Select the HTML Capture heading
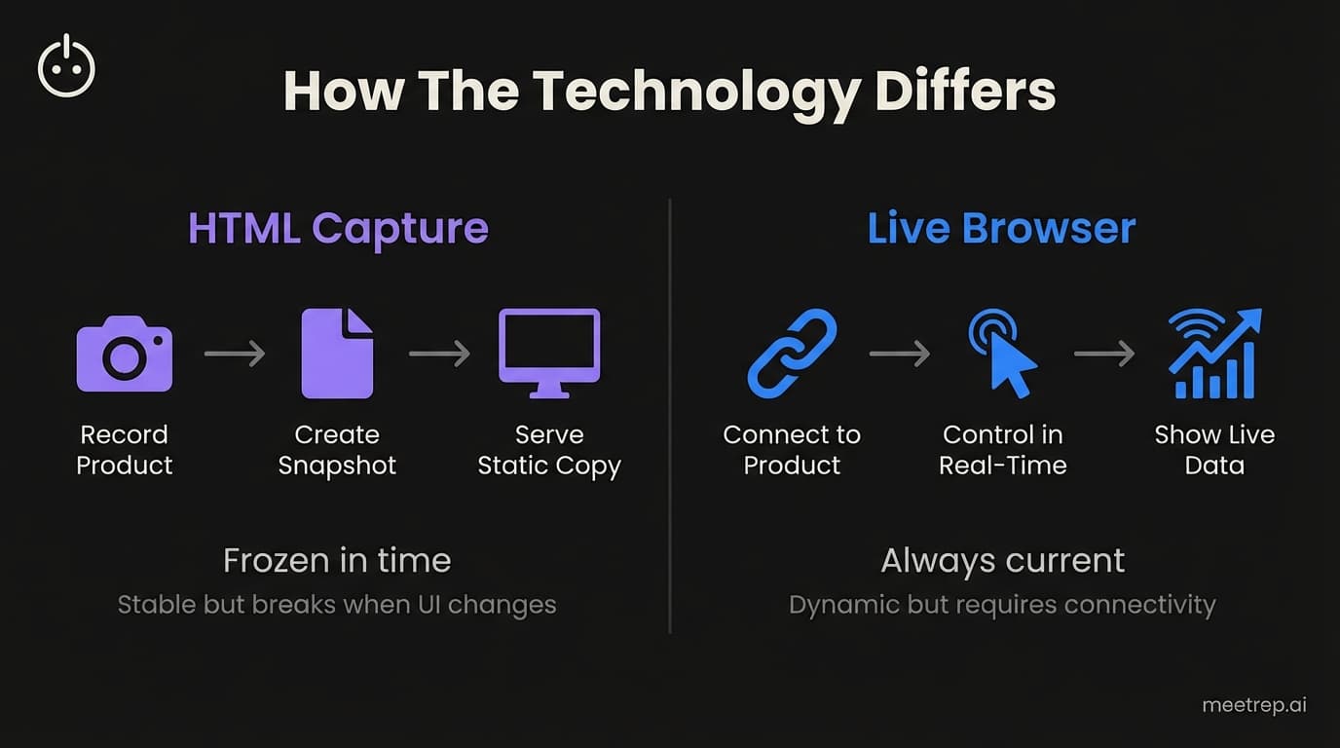[338, 228]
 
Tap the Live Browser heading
[1001, 228]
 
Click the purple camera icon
[125, 354]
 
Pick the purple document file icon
[337, 354]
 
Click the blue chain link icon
[792, 354]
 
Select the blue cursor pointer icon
[1003, 354]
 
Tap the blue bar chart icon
[1214, 354]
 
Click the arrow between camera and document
[235, 354]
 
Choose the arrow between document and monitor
[440, 354]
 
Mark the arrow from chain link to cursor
[900, 354]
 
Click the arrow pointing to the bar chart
[1104, 354]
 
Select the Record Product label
[125, 450]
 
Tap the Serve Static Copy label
[549, 450]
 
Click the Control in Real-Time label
[1003, 450]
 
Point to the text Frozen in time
[337, 561]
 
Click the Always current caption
[1002, 561]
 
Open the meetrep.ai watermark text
[1254, 705]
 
